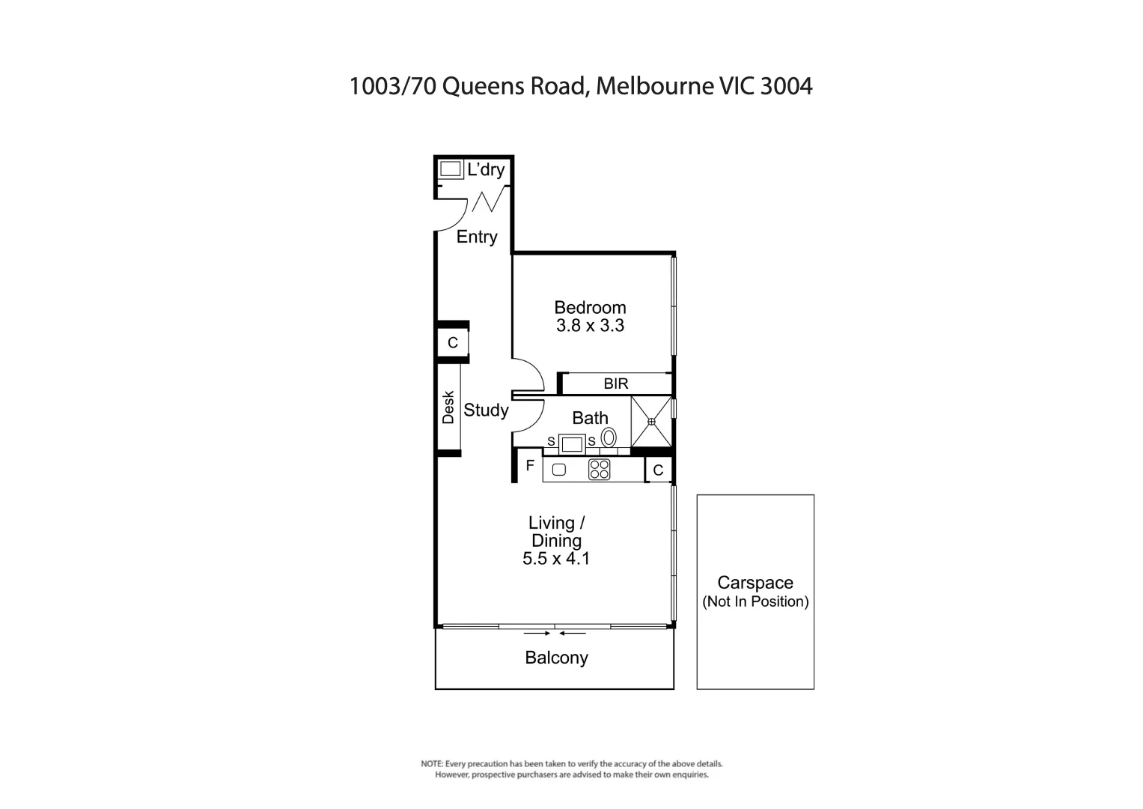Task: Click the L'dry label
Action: (x=486, y=170)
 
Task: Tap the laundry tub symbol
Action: (x=450, y=169)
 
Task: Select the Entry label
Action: (x=477, y=237)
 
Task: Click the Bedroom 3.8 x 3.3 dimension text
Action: (x=590, y=326)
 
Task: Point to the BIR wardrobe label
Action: (x=616, y=384)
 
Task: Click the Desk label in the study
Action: (x=448, y=407)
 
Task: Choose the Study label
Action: (x=486, y=410)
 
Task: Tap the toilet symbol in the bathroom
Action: (x=609, y=437)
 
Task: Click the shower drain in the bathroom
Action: (x=651, y=422)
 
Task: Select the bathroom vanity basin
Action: (x=572, y=443)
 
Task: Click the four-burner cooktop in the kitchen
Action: (x=599, y=470)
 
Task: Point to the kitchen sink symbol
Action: (x=558, y=470)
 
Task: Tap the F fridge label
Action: (x=530, y=466)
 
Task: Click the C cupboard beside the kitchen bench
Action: (x=658, y=470)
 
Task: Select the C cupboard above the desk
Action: (x=452, y=343)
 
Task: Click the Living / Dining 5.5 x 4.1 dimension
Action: (x=556, y=558)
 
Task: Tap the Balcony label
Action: (x=556, y=658)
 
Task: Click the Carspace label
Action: (x=755, y=583)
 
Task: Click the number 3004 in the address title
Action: (x=786, y=86)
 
